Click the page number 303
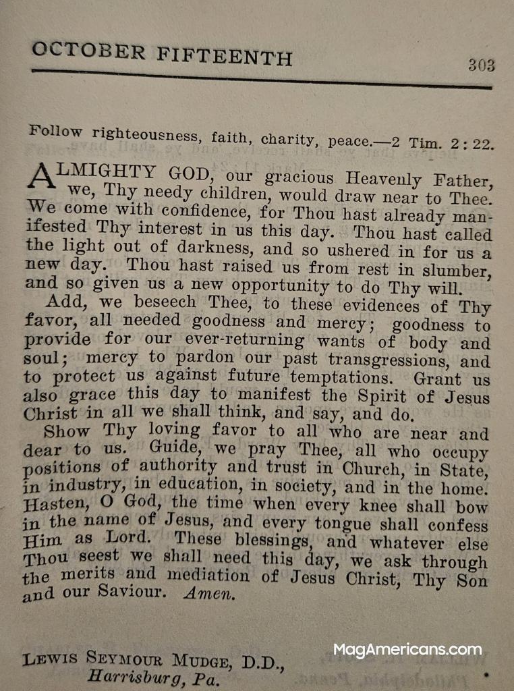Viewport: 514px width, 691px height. click(x=481, y=65)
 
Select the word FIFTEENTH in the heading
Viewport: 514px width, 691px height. click(x=224, y=55)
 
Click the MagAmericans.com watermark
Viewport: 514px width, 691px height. click(x=407, y=651)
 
